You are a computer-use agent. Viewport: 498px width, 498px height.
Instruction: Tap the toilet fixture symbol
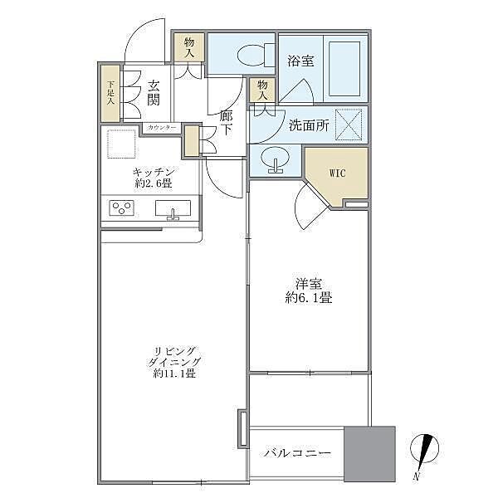pos(251,56)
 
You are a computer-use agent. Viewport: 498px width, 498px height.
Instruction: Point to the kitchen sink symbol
pos(173,209)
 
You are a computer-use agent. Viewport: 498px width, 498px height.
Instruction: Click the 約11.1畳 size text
pos(174,373)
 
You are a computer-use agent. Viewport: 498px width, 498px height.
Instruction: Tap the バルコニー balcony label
pos(298,453)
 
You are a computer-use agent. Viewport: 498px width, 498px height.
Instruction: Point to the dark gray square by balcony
pos(369,453)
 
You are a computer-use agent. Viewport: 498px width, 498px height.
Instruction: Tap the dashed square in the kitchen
pos(121,144)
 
